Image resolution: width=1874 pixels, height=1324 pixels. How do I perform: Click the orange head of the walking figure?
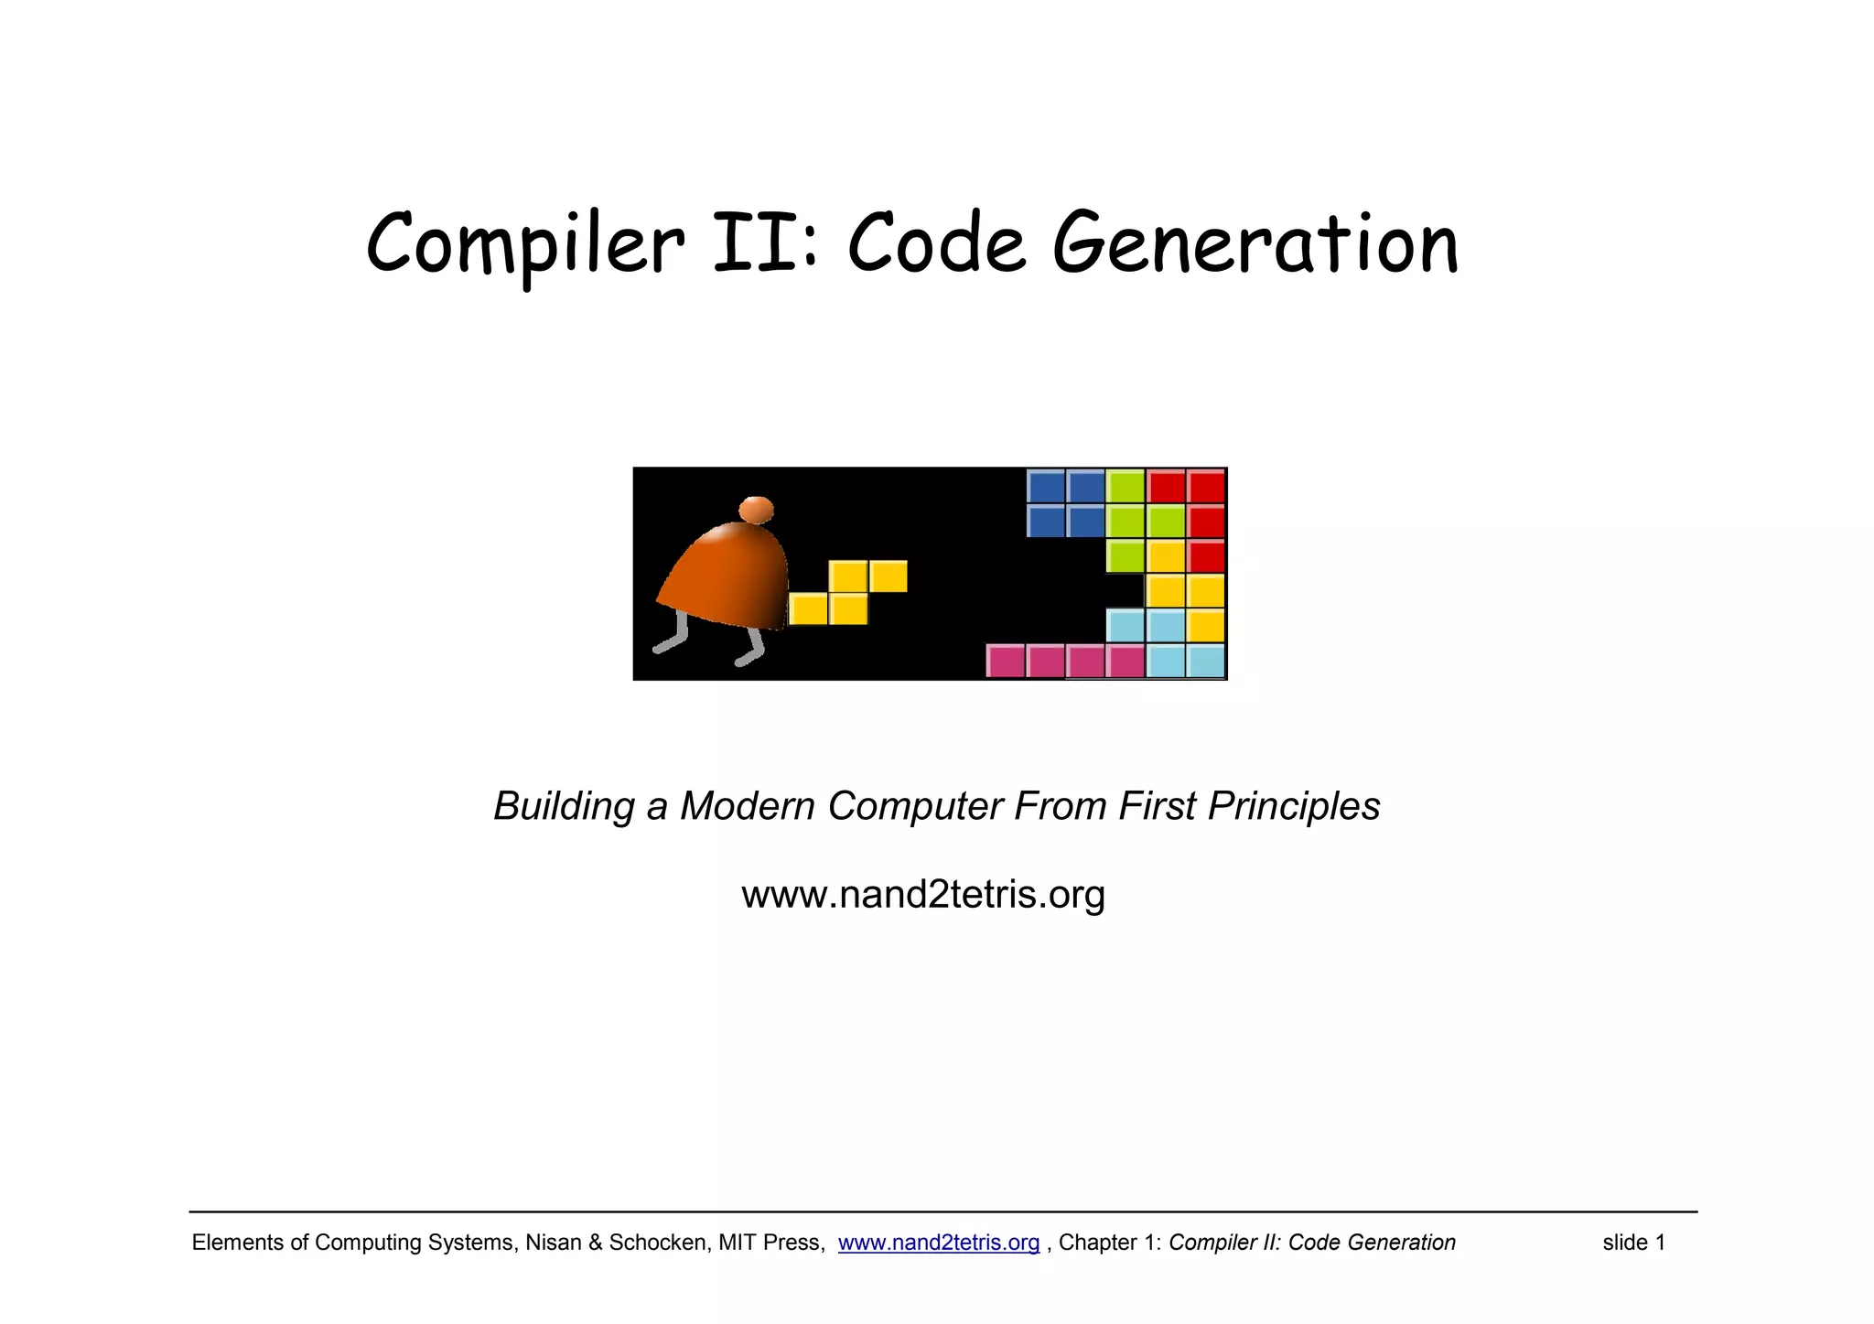pos(756,510)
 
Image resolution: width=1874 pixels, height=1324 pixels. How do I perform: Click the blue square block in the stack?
pos(1066,503)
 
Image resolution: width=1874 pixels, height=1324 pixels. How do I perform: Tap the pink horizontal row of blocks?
pos(1065,661)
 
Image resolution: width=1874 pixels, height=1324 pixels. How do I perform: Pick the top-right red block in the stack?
pos(1206,486)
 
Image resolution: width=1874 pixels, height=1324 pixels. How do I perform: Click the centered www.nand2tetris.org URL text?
pos(923,894)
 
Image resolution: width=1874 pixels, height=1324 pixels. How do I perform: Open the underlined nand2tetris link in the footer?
pos(939,1243)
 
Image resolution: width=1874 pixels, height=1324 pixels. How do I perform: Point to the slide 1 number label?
pos(1633,1243)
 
